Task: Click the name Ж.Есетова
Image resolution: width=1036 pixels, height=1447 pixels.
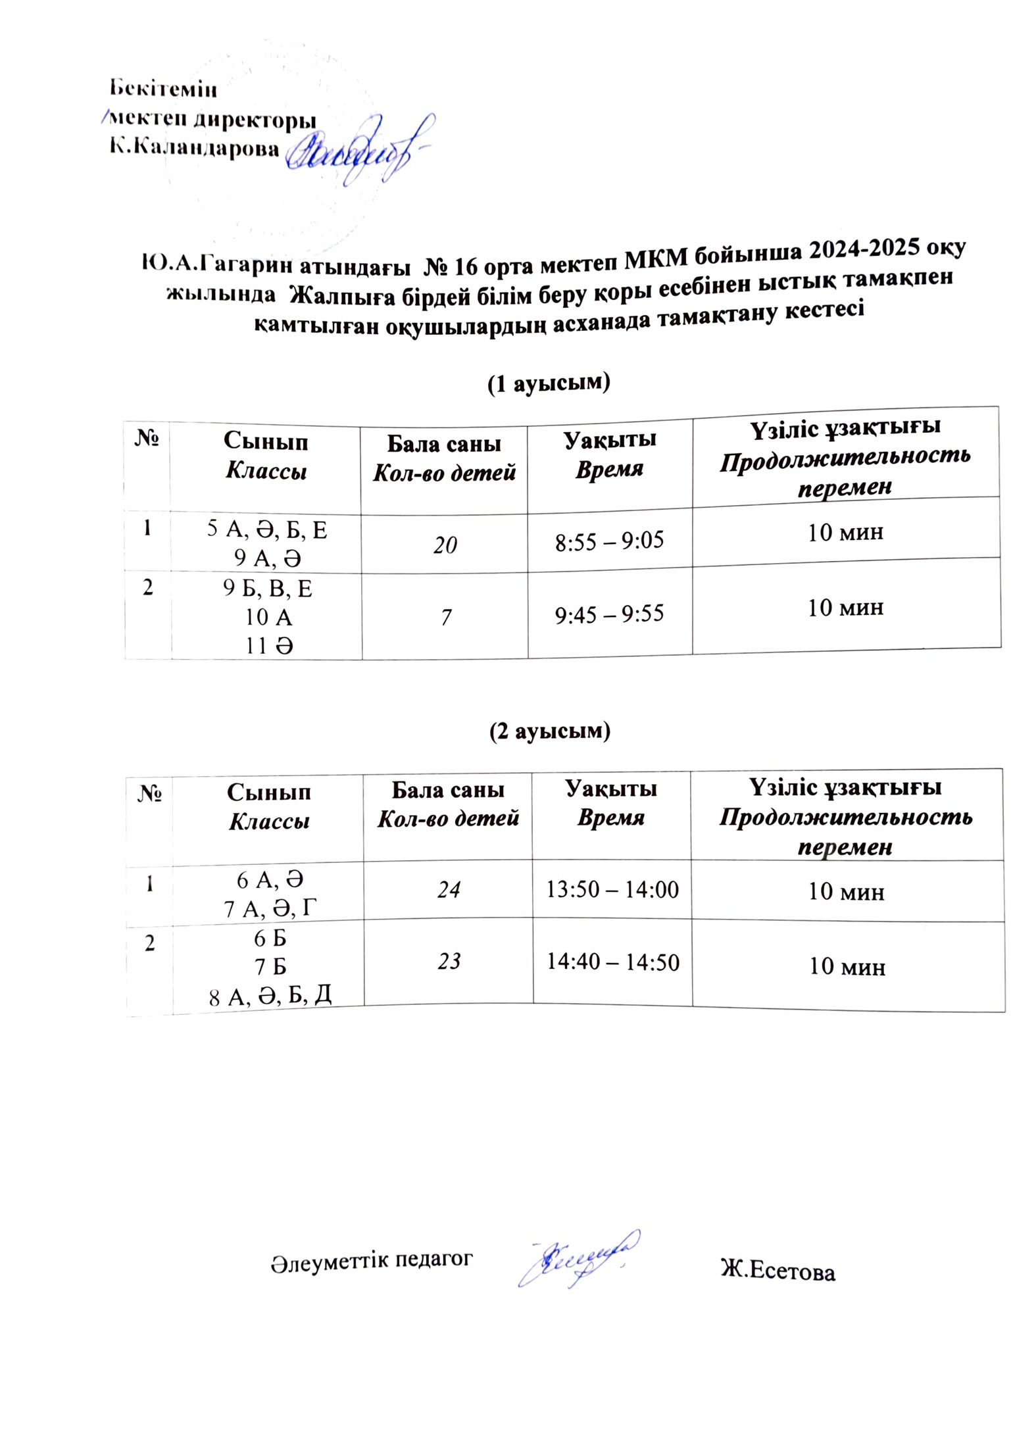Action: (x=777, y=1271)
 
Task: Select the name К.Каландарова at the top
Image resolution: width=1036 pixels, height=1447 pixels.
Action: (x=194, y=149)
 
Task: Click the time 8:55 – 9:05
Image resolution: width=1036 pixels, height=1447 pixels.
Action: (x=609, y=541)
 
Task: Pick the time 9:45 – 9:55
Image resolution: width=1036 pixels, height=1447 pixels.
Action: (x=609, y=614)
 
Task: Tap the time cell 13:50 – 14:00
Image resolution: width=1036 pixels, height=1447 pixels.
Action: (x=612, y=889)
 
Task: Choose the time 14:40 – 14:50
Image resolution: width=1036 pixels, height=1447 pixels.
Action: (x=613, y=962)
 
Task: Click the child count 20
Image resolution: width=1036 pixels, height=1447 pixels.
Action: (x=445, y=545)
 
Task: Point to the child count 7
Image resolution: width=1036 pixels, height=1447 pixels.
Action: (x=446, y=618)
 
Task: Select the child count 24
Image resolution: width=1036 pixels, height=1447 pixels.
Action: (x=449, y=890)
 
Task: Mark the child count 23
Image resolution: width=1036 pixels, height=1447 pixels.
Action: (x=449, y=962)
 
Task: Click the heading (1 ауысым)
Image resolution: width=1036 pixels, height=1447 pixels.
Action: (x=549, y=383)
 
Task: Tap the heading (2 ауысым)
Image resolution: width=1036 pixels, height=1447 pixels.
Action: (x=550, y=731)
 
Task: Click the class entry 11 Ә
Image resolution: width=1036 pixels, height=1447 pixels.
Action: (x=269, y=647)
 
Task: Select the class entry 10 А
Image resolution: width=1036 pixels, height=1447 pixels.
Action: (x=268, y=617)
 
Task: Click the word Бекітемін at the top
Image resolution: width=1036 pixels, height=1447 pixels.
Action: (x=162, y=87)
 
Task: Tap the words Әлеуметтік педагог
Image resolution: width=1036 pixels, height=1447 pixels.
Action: (x=372, y=1260)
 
